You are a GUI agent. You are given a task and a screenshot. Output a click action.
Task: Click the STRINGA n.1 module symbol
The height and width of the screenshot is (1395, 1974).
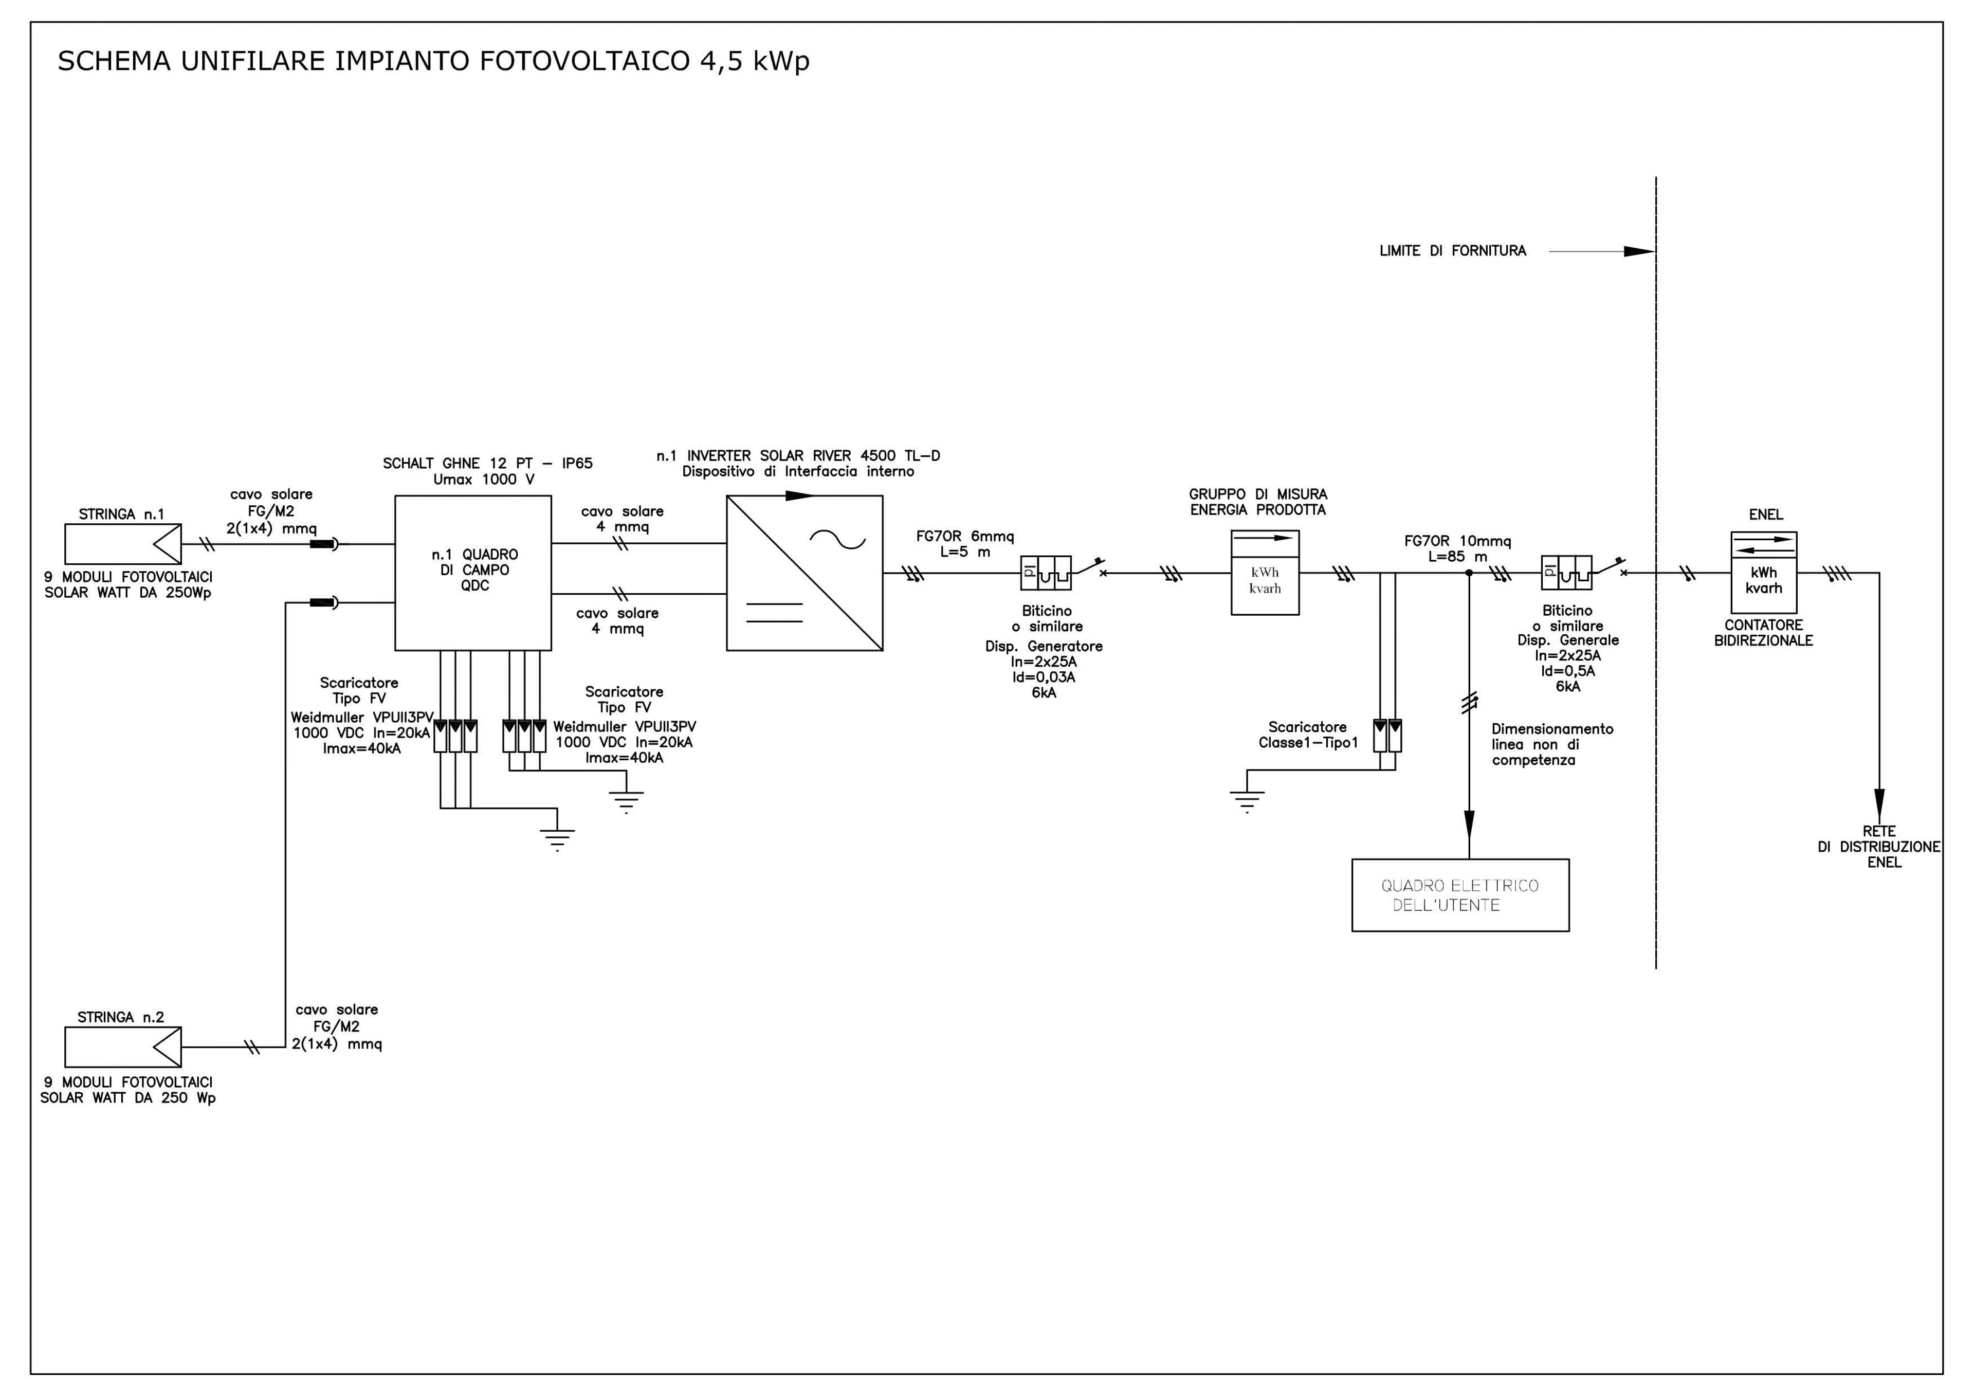tap(123, 544)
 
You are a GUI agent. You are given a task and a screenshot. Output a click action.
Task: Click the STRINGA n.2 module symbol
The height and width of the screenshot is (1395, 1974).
tap(123, 1048)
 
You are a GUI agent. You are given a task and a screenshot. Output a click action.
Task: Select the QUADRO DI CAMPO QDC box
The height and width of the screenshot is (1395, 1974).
tap(473, 573)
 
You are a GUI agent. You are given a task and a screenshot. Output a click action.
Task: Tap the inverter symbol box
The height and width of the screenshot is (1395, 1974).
tap(805, 573)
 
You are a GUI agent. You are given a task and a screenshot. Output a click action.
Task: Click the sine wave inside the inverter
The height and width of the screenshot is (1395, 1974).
tap(838, 540)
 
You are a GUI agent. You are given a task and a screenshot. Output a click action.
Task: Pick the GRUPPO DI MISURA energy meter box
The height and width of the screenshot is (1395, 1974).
tap(1265, 573)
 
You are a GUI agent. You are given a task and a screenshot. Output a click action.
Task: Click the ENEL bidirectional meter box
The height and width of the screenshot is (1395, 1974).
tap(1763, 573)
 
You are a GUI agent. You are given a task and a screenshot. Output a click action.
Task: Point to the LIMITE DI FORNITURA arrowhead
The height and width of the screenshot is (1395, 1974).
tap(1639, 252)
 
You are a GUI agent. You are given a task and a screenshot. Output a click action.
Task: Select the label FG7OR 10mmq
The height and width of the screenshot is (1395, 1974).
tap(1457, 541)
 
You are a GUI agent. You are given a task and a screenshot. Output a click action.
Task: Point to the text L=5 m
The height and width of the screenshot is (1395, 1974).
tap(965, 552)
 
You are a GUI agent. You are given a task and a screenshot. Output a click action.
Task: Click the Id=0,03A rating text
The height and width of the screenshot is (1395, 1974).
tap(1044, 677)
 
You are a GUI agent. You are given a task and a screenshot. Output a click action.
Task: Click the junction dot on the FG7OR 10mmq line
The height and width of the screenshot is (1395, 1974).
tap(1469, 573)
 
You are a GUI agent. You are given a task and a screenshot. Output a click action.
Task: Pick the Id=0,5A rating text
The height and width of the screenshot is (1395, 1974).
tap(1567, 671)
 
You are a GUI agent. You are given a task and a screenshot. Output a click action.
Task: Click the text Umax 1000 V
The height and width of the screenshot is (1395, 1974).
tap(484, 480)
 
